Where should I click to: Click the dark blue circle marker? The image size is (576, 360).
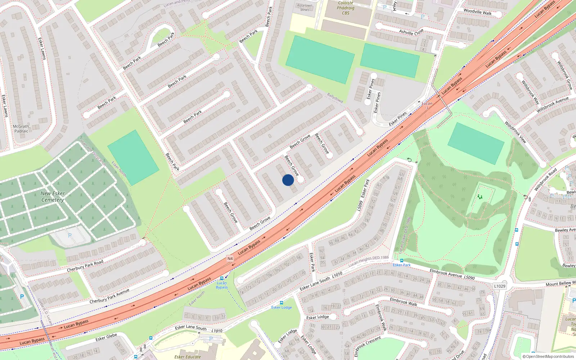288,180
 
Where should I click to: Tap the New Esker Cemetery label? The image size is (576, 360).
53,197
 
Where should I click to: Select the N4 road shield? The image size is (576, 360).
230,258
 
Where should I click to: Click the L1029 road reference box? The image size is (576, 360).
499,286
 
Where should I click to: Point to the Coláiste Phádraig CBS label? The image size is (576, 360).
346,8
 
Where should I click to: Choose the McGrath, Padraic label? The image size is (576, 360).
21,129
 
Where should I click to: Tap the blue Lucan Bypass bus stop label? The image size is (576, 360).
222,285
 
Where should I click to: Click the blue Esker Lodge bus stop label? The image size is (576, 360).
282,307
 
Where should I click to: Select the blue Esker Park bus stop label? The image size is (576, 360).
402,265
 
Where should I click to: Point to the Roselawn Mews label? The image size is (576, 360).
305,8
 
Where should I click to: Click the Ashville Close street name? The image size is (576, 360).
411,32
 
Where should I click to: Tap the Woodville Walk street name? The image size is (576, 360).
477,12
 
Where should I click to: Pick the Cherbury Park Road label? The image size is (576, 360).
85,266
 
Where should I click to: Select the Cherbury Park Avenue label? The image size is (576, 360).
109,296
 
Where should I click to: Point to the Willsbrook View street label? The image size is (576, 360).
516,132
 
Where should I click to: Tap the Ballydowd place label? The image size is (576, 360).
335,98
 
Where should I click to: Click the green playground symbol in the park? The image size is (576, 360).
480,197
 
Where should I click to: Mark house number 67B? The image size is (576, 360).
386,178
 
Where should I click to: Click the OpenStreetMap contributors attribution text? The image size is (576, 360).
548,356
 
